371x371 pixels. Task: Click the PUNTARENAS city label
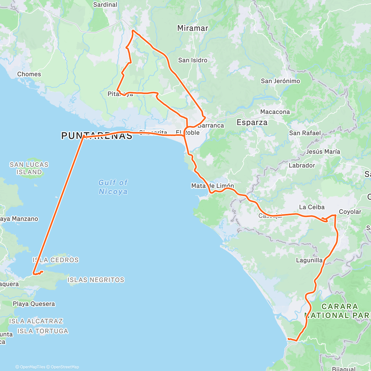pos(97,136)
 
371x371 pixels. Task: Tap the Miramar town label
pos(193,28)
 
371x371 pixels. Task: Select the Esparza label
pos(252,122)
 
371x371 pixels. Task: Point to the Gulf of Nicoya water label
pos(113,187)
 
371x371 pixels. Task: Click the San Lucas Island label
pos(29,168)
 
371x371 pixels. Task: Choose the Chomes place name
pos(29,74)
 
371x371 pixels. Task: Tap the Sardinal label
pos(105,5)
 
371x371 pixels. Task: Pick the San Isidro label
pos(193,60)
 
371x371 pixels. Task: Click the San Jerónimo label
pos(280,81)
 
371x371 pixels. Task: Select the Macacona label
pos(275,112)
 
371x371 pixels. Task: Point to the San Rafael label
pos(305,133)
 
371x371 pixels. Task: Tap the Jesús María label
pos(323,152)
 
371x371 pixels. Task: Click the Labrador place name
pos(302,165)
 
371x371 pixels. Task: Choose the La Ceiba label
pos(312,207)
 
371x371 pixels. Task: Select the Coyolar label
pos(350,212)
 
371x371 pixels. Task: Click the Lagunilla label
pos(309,260)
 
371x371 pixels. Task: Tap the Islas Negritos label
pos(96,280)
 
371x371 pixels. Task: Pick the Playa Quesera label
pos(34,304)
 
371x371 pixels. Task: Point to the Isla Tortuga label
pos(43,331)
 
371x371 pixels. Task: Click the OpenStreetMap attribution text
pos(65,367)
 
